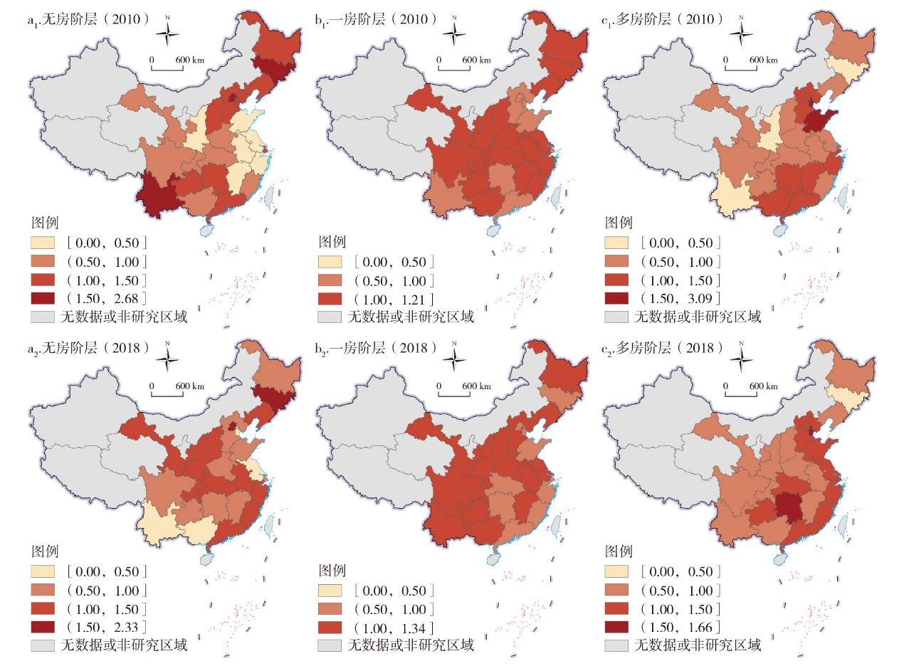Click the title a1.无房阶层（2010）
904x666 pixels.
(x=88, y=19)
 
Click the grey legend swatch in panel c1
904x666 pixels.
(x=617, y=317)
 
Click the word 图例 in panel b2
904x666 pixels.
(x=331, y=571)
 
